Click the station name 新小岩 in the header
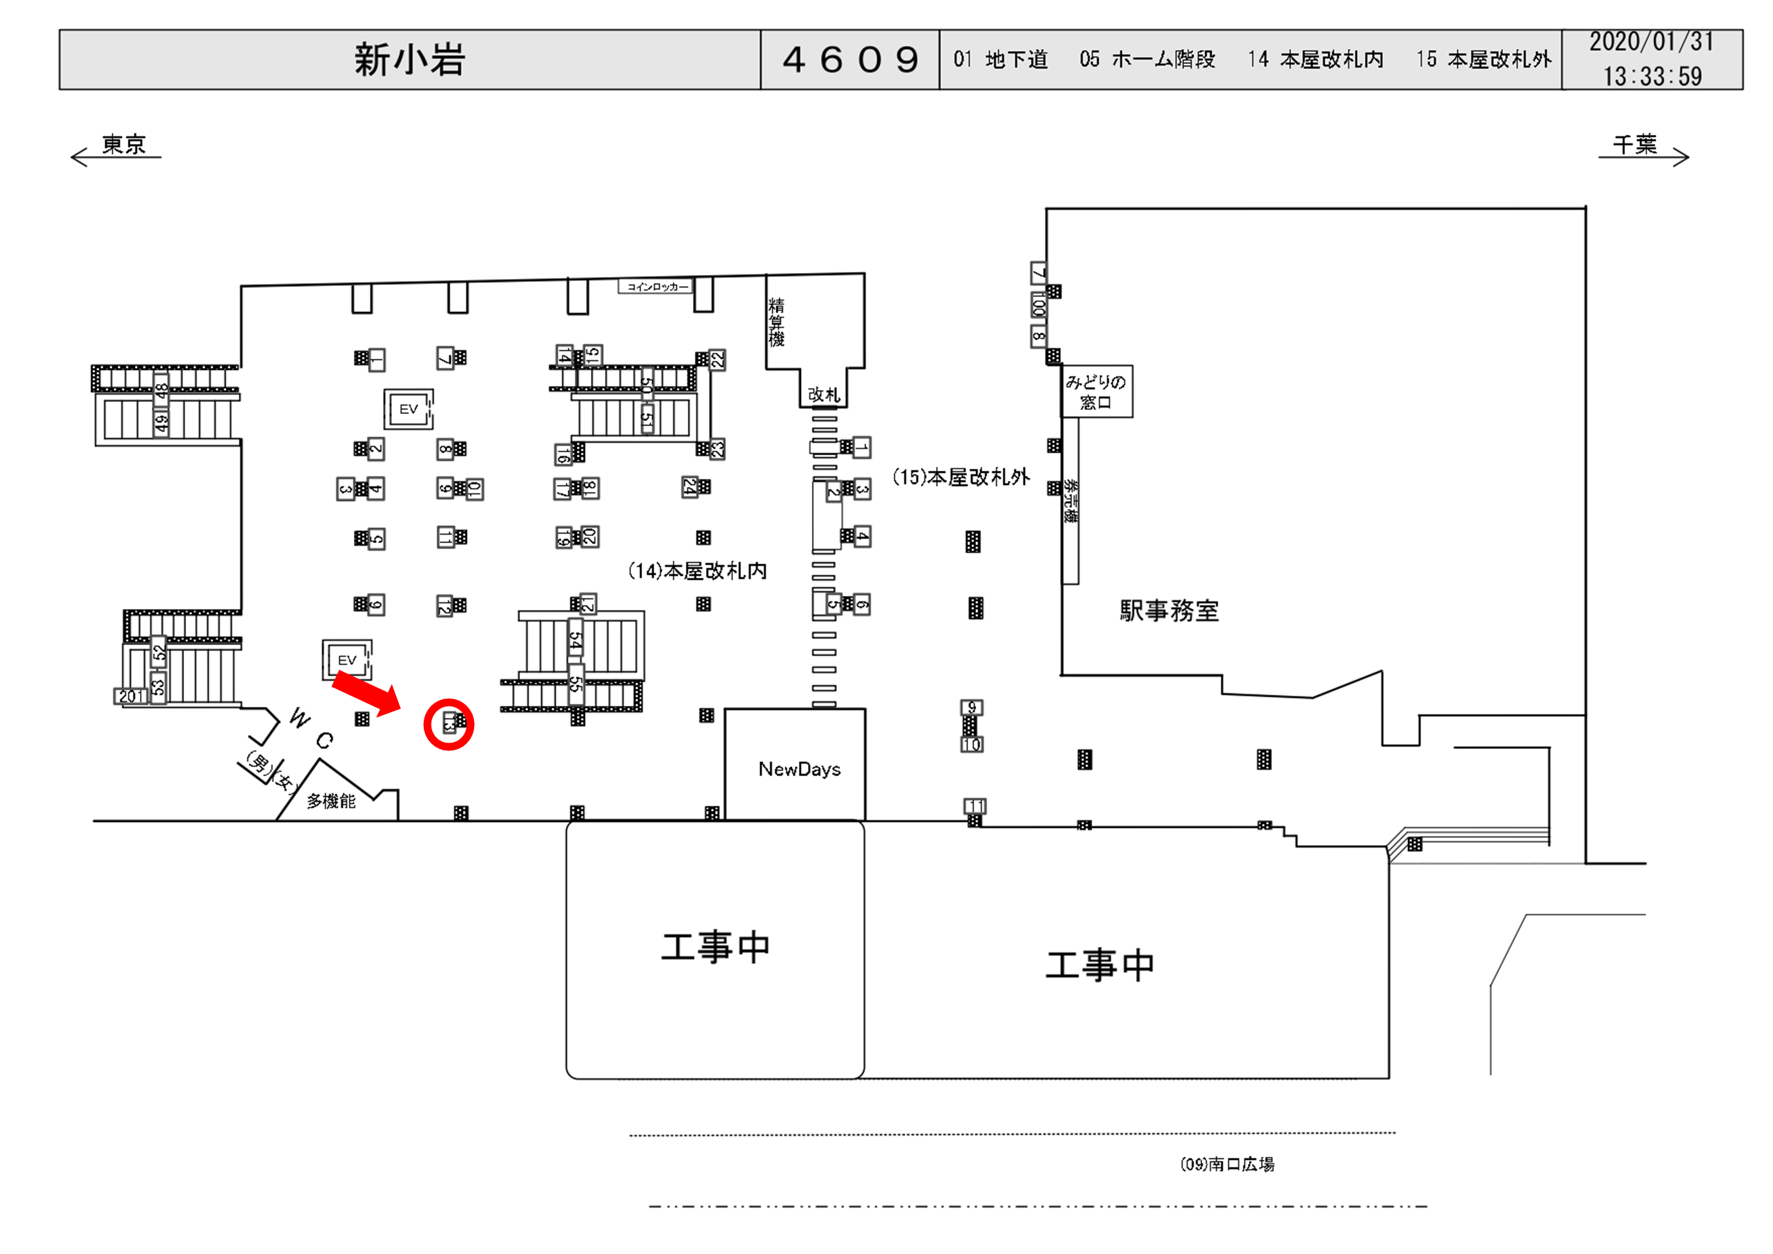click(x=410, y=59)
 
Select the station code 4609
click(x=850, y=59)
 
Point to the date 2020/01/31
click(x=1651, y=42)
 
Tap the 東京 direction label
click(x=123, y=145)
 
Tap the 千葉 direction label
click(x=1635, y=145)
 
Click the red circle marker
click(x=449, y=725)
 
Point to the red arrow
click(x=366, y=693)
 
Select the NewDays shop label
click(x=799, y=769)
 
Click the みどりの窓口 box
click(x=1095, y=391)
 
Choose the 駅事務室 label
click(x=1169, y=611)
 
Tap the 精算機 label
click(x=776, y=322)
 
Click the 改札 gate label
click(x=823, y=395)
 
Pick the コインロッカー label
click(x=656, y=287)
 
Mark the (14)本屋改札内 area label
click(x=698, y=571)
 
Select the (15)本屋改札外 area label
click(x=960, y=477)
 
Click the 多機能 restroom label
click(x=331, y=801)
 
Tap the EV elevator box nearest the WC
click(x=347, y=660)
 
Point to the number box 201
click(x=131, y=697)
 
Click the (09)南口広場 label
click(x=1227, y=1164)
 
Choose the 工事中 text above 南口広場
click(x=1099, y=965)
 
